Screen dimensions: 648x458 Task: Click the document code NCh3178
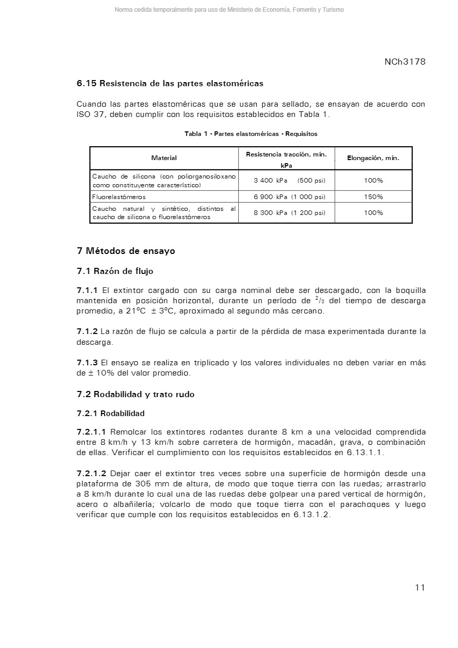click(x=405, y=62)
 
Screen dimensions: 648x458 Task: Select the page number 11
click(x=420, y=587)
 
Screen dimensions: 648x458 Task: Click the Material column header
click(x=164, y=158)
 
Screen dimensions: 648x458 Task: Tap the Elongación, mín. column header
click(x=373, y=158)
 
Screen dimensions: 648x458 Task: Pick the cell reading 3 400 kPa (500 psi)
click(x=286, y=181)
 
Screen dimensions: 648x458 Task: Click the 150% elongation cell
click(x=373, y=197)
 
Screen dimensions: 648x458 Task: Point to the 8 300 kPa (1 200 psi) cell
click(x=286, y=213)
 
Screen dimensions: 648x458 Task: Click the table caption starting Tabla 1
click(x=251, y=134)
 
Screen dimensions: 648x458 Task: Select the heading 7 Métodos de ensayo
click(x=126, y=251)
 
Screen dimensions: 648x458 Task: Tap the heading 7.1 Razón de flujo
click(x=115, y=271)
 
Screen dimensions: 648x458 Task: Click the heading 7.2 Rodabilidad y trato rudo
click(x=136, y=395)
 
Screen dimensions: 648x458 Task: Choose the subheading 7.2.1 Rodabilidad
click(x=110, y=414)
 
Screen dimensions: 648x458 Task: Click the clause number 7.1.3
click(x=87, y=363)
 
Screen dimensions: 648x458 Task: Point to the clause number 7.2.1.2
click(x=91, y=474)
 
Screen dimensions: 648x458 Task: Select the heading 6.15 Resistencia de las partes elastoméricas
click(x=170, y=83)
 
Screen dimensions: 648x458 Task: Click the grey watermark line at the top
click(x=229, y=10)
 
